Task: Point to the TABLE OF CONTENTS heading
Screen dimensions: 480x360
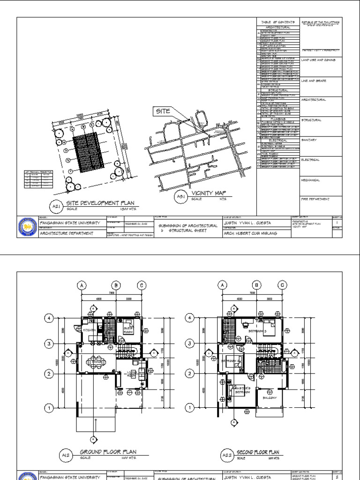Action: point(278,22)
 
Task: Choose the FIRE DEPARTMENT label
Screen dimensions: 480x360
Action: point(315,199)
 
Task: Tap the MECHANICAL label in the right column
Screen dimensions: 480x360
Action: point(311,180)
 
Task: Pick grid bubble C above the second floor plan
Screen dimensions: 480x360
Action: point(282,285)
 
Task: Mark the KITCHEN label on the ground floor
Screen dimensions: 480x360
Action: point(89,330)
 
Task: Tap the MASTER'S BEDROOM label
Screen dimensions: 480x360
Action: point(246,390)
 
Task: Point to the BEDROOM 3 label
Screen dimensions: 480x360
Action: point(257,331)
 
